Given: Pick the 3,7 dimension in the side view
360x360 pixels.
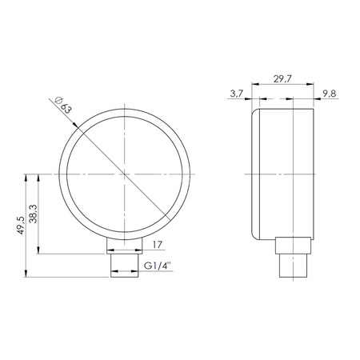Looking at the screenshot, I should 236,94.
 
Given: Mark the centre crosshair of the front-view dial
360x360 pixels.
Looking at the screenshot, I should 126,173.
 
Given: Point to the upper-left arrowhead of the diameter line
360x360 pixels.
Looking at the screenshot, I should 77,125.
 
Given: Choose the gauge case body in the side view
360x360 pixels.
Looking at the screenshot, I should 280,173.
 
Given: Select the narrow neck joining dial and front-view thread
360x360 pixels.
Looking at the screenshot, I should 126,243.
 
